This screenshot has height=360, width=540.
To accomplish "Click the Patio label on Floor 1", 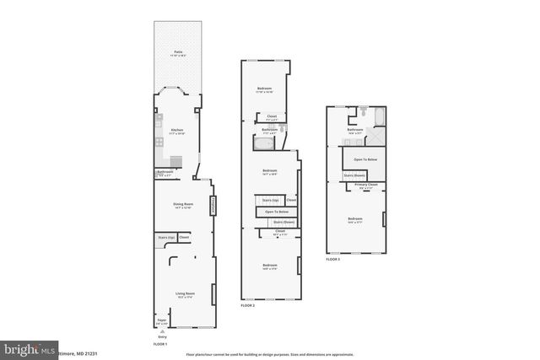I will click(178, 52).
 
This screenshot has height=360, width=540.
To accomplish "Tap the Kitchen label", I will click(177, 130).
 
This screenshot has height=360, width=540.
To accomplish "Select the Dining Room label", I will click(183, 204).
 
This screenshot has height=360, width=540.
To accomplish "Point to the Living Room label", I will click(184, 295).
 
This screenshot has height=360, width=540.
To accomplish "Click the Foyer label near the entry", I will click(161, 320).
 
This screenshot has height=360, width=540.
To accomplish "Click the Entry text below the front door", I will click(163, 336).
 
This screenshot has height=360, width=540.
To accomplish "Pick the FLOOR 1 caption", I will click(160, 344).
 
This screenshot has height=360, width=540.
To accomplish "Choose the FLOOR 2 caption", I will click(247, 305).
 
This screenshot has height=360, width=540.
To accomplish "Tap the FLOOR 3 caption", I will click(332, 260).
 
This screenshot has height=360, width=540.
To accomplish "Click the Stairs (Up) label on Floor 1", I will click(166, 238).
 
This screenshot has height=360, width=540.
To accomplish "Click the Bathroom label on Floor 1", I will click(165, 173).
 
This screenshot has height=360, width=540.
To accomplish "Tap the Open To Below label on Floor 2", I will click(277, 211).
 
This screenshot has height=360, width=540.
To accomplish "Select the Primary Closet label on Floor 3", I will click(365, 185).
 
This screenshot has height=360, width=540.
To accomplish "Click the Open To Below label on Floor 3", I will click(364, 159).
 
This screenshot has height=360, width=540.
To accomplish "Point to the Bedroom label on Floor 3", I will click(354, 219).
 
